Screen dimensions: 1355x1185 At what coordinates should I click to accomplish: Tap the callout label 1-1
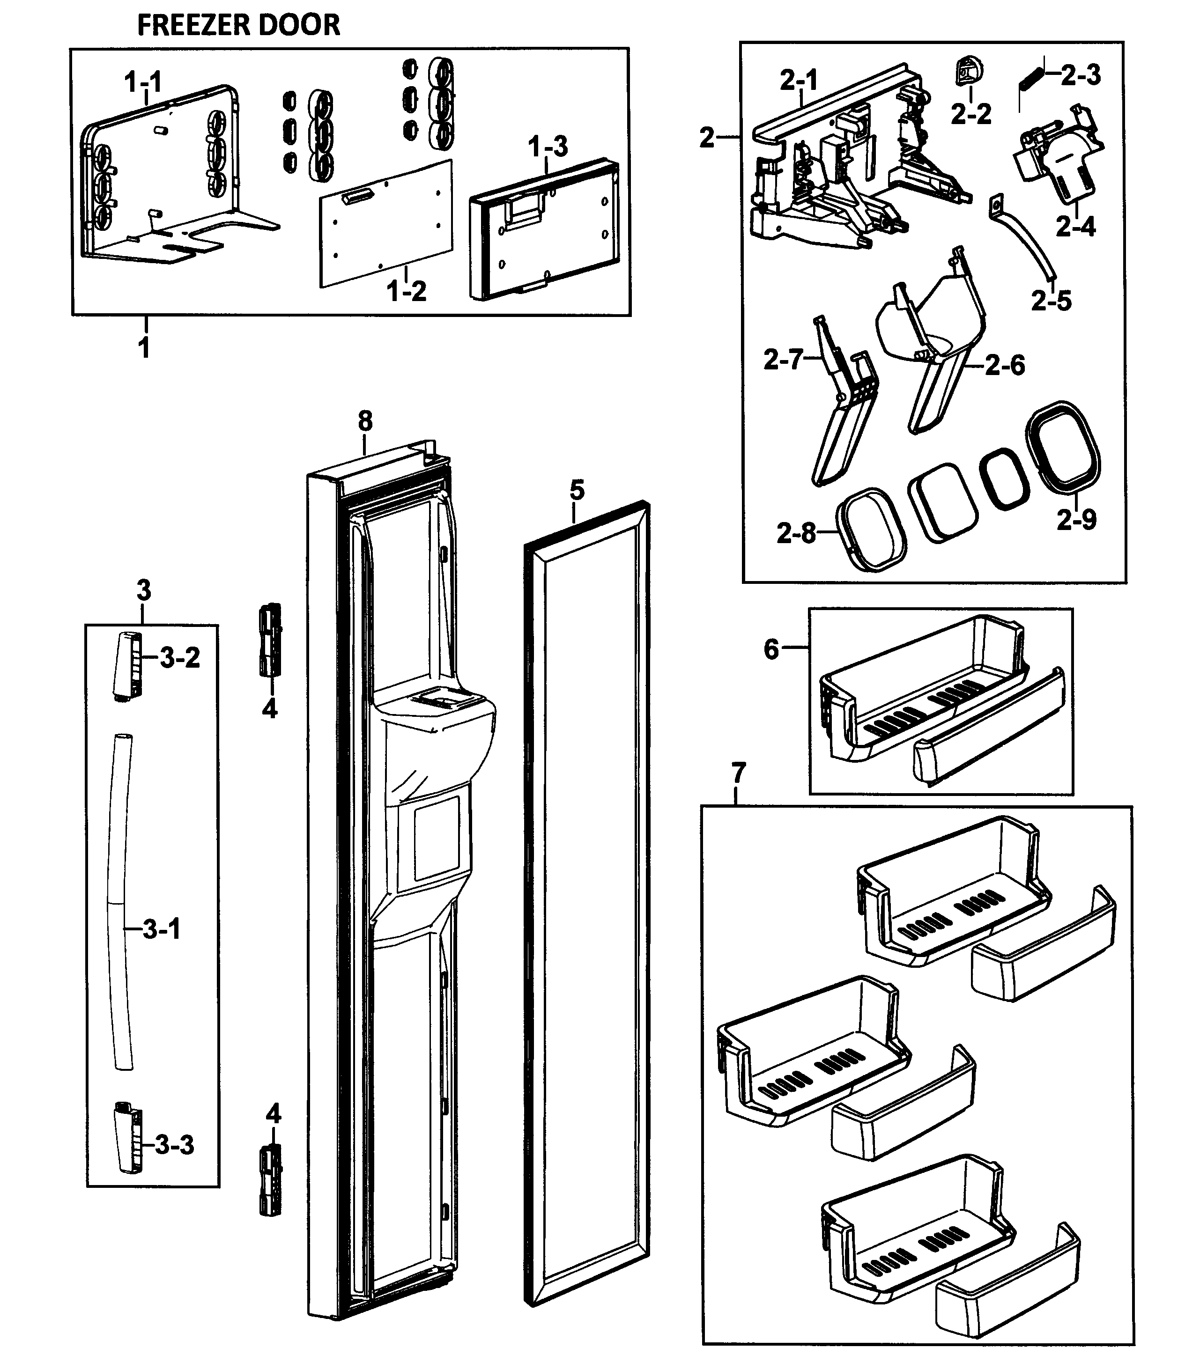pyautogui.click(x=143, y=82)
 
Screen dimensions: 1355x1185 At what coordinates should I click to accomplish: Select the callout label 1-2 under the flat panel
pyautogui.click(x=406, y=291)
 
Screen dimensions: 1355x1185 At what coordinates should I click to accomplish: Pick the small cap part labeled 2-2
pyautogui.click(x=969, y=71)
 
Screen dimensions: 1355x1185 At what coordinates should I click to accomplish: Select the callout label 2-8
pyautogui.click(x=796, y=533)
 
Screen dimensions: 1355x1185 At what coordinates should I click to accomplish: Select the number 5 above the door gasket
pyautogui.click(x=577, y=490)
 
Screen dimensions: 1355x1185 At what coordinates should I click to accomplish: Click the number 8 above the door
pyautogui.click(x=365, y=421)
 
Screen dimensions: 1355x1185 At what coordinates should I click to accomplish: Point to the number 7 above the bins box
pyautogui.click(x=738, y=772)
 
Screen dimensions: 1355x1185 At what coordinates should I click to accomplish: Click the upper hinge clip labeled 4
pyautogui.click(x=270, y=639)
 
